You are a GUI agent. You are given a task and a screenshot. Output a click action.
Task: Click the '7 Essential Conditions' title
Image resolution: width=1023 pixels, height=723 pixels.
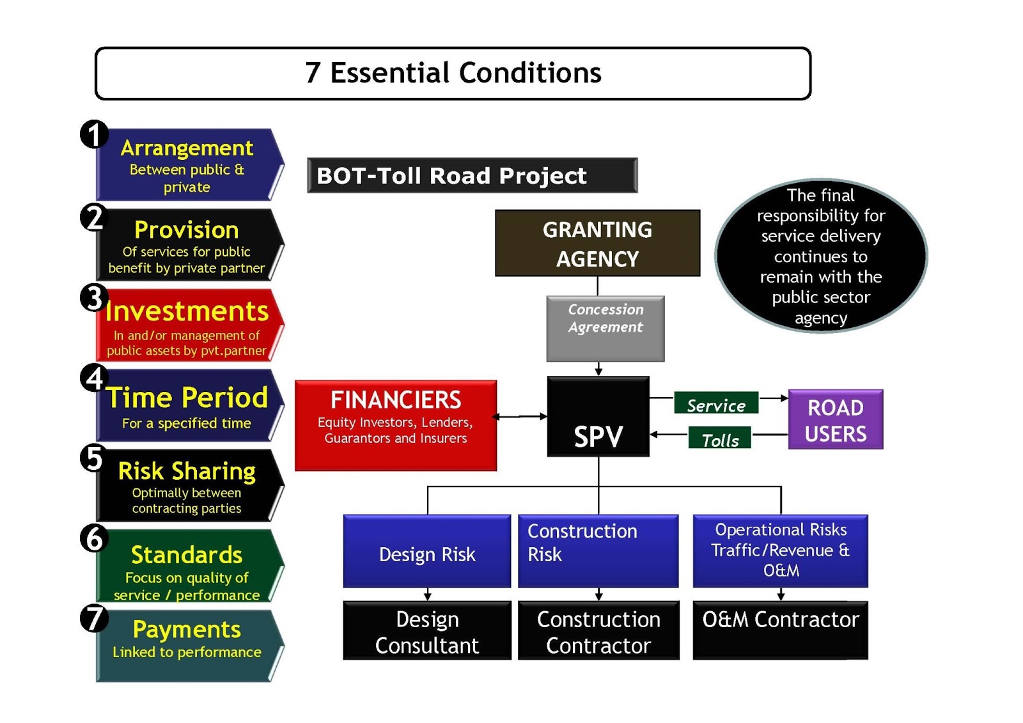[x=453, y=73]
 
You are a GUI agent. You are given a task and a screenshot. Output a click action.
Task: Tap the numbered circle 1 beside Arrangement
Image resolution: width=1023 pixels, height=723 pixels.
[x=94, y=134]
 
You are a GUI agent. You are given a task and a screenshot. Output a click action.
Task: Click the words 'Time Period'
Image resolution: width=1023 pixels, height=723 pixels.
[x=187, y=398]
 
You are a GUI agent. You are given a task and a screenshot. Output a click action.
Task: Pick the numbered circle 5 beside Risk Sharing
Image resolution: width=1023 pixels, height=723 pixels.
[x=94, y=458]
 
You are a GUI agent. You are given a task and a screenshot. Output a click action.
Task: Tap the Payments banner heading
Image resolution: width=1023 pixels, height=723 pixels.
[x=187, y=630]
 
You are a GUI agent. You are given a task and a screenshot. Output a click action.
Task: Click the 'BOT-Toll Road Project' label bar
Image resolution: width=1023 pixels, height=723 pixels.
[x=472, y=175]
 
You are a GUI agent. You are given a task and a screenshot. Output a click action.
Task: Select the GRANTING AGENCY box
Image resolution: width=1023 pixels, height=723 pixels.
[x=597, y=244]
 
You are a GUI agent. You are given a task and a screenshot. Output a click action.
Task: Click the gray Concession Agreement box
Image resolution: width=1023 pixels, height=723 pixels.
[x=605, y=329]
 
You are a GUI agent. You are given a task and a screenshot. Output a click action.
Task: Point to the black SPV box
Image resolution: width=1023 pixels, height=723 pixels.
[x=598, y=416]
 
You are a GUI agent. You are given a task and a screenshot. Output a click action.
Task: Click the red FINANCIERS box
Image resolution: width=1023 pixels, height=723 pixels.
[x=395, y=425]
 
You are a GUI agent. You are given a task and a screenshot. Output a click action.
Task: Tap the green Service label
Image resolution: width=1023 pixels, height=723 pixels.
[x=716, y=404]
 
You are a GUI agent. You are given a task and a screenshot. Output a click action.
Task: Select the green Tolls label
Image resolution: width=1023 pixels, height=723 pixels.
[x=720, y=439]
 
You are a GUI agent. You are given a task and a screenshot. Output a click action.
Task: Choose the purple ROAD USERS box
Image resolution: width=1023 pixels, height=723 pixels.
[x=835, y=420]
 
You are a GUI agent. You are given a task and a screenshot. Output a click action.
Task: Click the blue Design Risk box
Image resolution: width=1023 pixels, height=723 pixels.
[x=426, y=552]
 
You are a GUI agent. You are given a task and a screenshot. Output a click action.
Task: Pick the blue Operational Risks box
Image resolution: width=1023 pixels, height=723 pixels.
[x=780, y=550]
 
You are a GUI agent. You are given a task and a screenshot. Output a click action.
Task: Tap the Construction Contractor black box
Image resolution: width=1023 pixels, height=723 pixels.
[x=598, y=631]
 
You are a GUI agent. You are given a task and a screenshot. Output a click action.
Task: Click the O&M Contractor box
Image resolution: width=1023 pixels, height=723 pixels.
[x=780, y=630]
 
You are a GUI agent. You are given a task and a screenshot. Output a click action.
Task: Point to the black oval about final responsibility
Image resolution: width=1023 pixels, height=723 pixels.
[x=820, y=256]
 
